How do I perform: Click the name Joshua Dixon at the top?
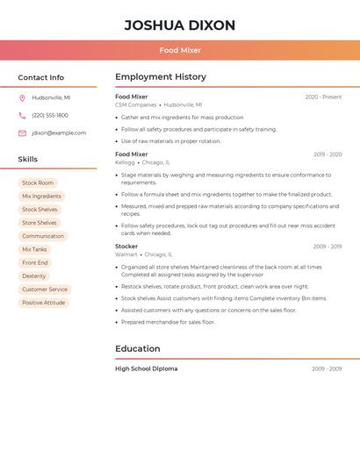click(x=180, y=25)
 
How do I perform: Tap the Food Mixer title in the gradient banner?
click(x=180, y=51)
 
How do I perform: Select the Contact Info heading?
click(x=40, y=77)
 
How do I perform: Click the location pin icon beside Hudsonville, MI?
click(x=22, y=97)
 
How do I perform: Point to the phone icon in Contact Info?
click(x=22, y=115)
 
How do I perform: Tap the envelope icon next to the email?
click(x=22, y=133)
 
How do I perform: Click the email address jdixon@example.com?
click(x=59, y=133)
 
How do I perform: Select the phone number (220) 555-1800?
click(x=50, y=115)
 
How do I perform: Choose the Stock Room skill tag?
click(x=38, y=183)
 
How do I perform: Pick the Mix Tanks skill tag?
click(x=34, y=249)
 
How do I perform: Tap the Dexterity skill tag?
click(x=34, y=275)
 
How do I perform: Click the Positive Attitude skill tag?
click(x=44, y=303)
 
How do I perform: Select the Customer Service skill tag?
click(x=45, y=290)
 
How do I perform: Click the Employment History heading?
click(x=161, y=77)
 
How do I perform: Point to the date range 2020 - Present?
click(x=323, y=97)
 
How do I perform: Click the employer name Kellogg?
click(x=125, y=162)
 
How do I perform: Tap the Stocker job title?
click(x=126, y=247)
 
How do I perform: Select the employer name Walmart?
click(x=126, y=254)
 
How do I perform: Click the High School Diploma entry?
click(x=146, y=368)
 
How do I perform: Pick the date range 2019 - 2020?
click(x=327, y=154)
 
